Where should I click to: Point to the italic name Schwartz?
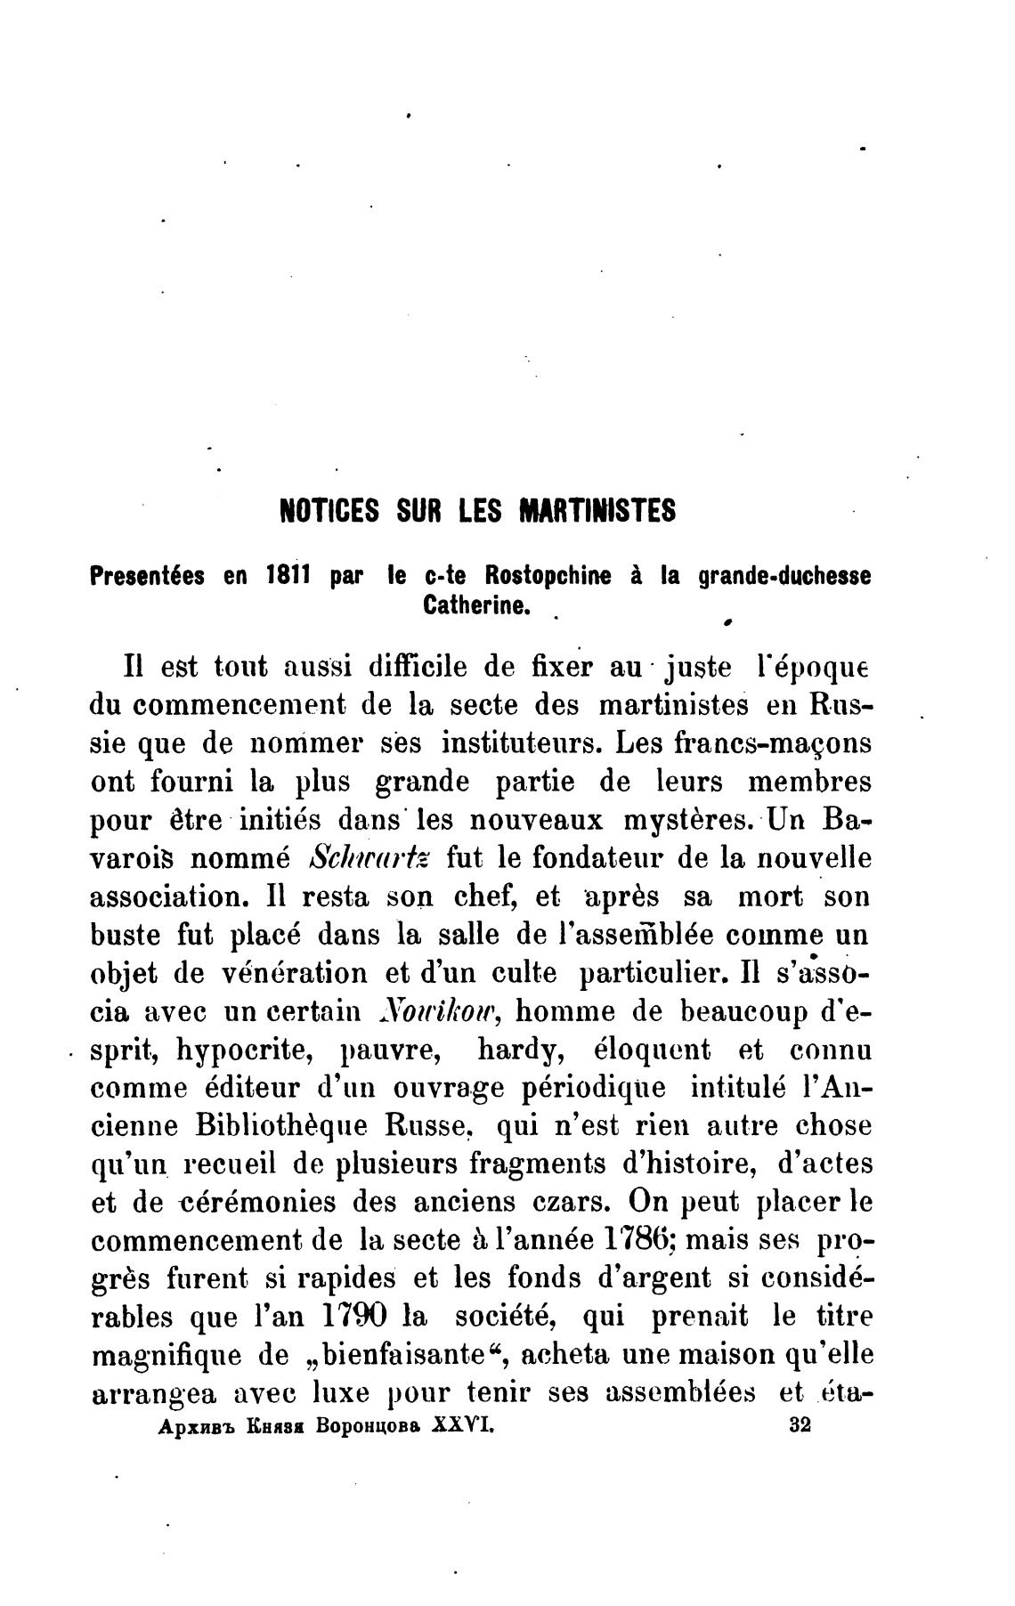pyautogui.click(x=369, y=858)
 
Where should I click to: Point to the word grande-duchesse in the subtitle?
pyautogui.click(x=784, y=577)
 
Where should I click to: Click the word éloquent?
pyautogui.click(x=652, y=1050)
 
